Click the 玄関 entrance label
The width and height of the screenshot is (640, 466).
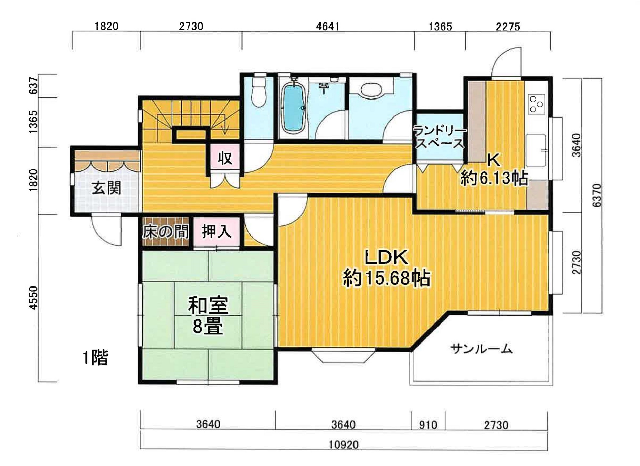(x=106, y=188)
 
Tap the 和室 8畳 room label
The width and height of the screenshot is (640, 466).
(x=208, y=315)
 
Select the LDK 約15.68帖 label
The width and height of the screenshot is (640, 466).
(x=386, y=268)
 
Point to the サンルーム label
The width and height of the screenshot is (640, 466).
(x=481, y=349)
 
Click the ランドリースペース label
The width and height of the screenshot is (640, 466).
(x=440, y=137)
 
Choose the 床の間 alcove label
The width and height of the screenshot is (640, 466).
(x=165, y=232)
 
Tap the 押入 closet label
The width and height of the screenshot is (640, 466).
(x=216, y=231)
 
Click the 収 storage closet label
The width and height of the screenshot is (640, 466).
(x=225, y=158)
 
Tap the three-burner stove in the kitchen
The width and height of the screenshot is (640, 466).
(x=536, y=104)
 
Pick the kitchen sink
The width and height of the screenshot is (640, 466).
(x=536, y=150)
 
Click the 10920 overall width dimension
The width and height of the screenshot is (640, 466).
(x=344, y=445)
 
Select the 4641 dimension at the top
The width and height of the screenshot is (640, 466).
(x=327, y=26)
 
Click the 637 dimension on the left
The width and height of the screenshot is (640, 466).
(x=34, y=85)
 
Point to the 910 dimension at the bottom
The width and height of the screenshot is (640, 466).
(x=428, y=425)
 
